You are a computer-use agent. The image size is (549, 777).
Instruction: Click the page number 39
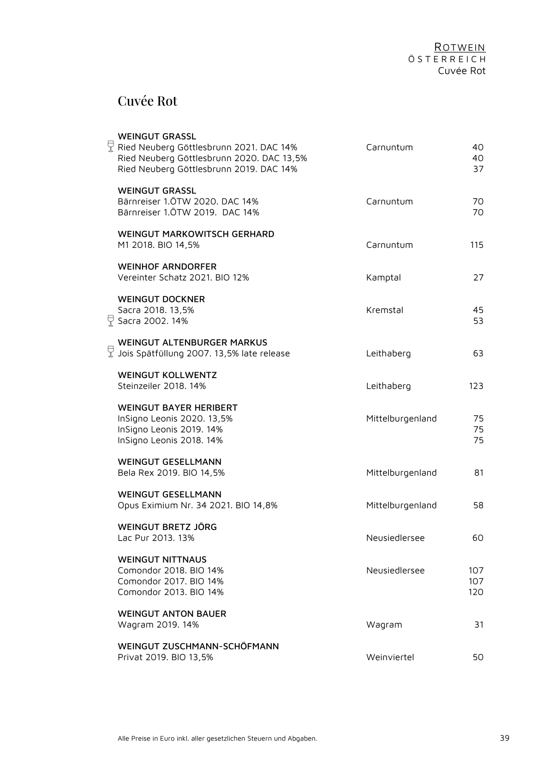504,738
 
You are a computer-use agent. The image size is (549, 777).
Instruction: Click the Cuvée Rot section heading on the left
147,101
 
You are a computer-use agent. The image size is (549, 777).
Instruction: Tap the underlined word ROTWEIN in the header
460,48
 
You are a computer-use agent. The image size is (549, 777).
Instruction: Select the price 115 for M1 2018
477,245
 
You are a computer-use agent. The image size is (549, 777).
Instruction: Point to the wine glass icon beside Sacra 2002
111,320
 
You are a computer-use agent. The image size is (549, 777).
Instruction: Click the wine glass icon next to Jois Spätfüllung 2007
111,351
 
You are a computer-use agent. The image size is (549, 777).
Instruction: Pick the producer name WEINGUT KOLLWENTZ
167,375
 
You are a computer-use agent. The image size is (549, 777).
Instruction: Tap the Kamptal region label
383,277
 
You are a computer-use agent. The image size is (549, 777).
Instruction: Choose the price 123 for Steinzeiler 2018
476,386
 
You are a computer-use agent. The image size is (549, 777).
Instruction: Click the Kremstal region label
384,310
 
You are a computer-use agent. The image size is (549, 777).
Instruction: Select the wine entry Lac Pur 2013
156,538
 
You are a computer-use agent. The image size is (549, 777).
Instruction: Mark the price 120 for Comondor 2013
476,592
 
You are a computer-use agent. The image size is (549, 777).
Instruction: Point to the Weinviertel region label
390,657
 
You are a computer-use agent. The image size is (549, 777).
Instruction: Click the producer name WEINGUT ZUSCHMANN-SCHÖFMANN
198,646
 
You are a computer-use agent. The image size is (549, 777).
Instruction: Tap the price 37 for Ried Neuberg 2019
478,169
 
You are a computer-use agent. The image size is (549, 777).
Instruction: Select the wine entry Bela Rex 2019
171,473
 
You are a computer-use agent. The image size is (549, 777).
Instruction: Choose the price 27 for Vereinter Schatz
478,277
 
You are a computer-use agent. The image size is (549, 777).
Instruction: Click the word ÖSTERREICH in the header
447,60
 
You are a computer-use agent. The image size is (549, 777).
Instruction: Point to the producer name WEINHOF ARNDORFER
167,266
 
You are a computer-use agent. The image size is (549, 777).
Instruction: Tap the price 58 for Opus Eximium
478,505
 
